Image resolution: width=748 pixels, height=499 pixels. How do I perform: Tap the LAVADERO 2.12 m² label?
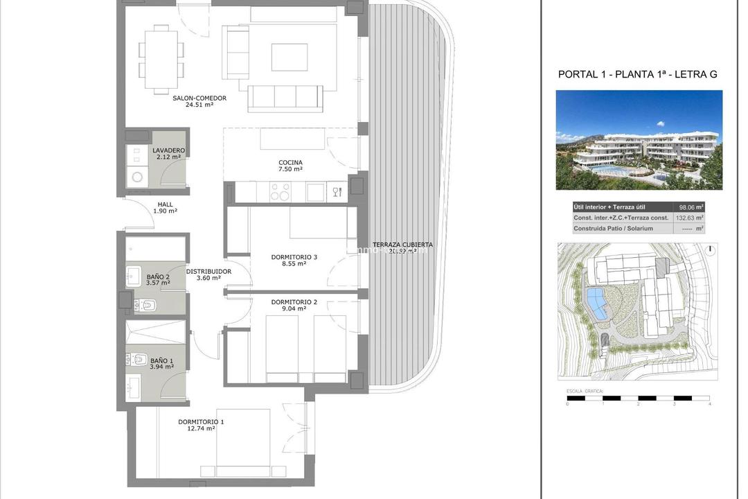point(168,154)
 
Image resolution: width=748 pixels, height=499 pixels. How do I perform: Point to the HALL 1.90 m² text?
point(165,207)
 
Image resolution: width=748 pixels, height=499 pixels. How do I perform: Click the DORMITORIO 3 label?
point(294,261)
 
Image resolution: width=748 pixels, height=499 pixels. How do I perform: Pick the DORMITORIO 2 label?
point(294,305)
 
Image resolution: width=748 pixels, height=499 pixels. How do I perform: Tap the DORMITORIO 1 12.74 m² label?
point(201,425)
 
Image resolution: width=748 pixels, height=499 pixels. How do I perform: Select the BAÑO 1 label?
point(161,363)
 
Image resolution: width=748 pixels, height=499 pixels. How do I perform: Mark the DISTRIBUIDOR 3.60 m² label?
point(208,274)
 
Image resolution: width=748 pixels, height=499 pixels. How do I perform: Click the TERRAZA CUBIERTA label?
point(402,247)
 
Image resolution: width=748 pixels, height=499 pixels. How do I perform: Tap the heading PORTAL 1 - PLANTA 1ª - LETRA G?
point(637,74)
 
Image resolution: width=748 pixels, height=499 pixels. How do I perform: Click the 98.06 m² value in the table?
point(690,207)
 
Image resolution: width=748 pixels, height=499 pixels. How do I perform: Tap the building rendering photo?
point(639,140)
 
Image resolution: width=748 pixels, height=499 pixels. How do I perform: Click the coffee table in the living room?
point(289,58)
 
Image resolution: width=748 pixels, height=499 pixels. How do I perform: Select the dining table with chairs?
point(161,58)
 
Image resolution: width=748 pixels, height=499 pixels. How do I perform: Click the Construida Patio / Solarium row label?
point(613,228)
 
